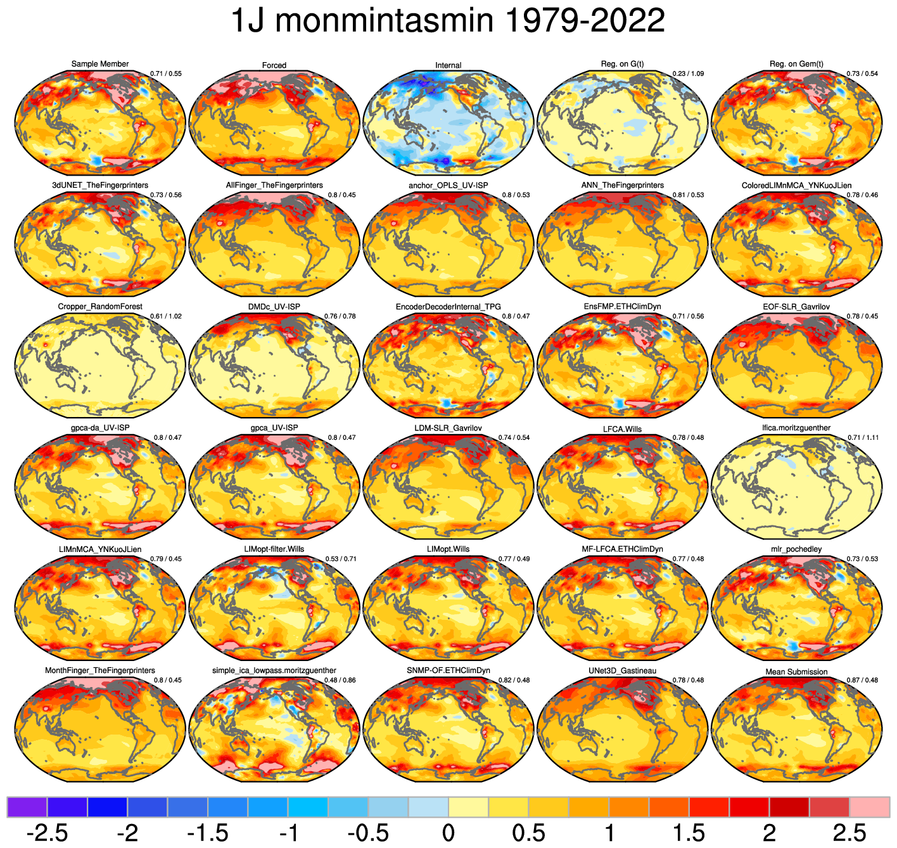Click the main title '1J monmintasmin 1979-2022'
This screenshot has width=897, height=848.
pos(448,22)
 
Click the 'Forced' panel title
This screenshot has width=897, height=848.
pos(274,65)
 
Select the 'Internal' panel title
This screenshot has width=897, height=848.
pos(448,65)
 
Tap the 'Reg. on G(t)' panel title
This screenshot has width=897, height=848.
pos(622,64)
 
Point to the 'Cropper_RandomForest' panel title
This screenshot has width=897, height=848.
pos(100,307)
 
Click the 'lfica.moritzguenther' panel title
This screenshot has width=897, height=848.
pos(796,428)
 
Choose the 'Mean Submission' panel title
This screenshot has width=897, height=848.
pos(796,672)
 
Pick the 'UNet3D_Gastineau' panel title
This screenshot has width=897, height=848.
pos(622,671)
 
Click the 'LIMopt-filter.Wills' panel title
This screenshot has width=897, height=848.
pos(274,549)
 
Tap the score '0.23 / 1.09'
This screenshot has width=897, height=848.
pos(688,74)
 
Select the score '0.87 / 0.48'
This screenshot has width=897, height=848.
pos(863,680)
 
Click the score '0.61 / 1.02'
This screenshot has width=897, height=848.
pos(166,316)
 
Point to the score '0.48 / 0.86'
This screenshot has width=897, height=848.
pos(340,680)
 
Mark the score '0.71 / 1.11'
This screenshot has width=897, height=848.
pos(863,437)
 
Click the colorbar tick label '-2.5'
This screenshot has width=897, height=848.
pos(48,832)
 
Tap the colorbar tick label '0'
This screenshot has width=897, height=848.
pos(448,832)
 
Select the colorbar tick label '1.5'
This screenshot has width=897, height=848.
pos(689,832)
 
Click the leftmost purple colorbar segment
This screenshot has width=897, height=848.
pos(27,807)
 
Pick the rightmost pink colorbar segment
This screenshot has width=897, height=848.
pos(869,807)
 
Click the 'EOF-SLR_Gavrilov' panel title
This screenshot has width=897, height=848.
pos(796,307)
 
